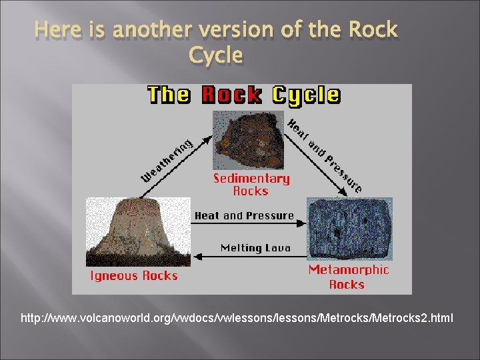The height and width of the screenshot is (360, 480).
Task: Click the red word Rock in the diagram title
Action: (231, 95)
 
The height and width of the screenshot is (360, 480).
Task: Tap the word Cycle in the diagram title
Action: (304, 95)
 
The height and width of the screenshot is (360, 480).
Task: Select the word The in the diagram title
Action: (170, 95)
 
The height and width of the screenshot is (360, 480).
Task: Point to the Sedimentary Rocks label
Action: (251, 185)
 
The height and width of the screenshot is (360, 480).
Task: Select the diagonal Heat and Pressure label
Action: (325, 155)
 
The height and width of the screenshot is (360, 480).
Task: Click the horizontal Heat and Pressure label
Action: (244, 216)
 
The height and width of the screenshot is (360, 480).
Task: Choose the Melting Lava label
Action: (255, 248)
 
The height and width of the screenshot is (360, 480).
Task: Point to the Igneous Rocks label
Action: (133, 276)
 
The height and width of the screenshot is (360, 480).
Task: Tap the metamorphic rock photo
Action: (349, 229)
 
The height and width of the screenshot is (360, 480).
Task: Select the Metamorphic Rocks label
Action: (348, 277)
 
